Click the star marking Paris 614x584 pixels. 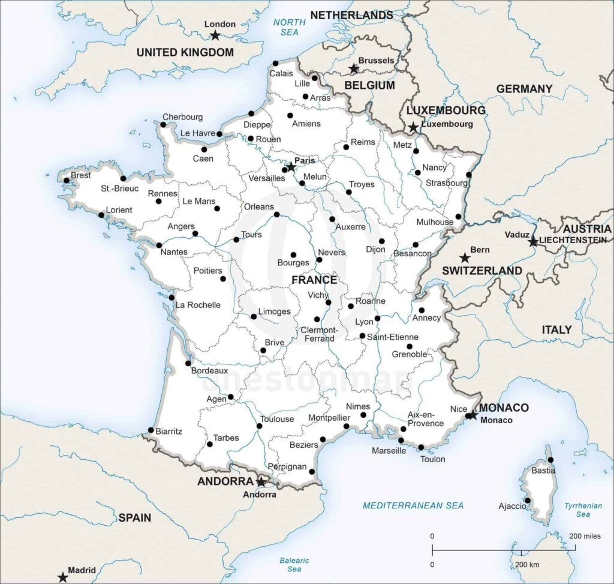click(291, 166)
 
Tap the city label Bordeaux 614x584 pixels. click(209, 371)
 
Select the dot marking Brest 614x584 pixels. click(67, 180)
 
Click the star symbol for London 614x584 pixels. click(215, 36)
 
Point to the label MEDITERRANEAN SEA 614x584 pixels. click(413, 505)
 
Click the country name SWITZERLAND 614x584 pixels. click(481, 271)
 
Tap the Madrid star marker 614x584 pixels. click(62, 577)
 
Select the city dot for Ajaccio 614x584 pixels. click(528, 500)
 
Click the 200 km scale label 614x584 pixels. click(527, 565)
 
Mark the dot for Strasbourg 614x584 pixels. click(469, 175)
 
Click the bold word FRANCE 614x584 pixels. click(314, 280)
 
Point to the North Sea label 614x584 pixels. click(290, 28)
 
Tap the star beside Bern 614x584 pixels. click(464, 258)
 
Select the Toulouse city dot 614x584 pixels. click(259, 426)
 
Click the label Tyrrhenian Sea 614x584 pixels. click(583, 510)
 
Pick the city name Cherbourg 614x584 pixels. click(182, 117)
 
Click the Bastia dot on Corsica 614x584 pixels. click(550, 460)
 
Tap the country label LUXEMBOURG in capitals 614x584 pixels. click(446, 110)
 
